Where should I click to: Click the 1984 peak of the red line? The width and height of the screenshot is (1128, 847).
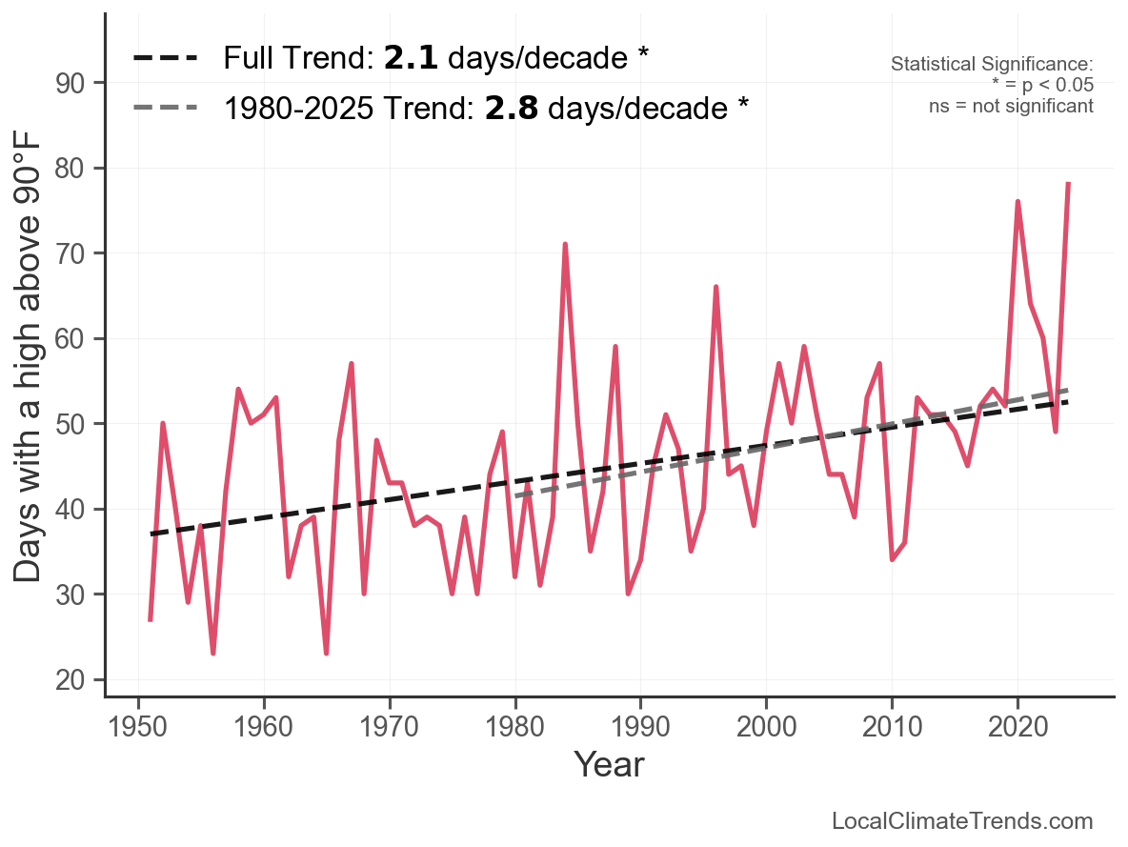point(565,245)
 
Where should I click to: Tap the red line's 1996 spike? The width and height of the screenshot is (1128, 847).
point(715,287)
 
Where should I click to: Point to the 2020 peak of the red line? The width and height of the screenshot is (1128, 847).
point(1017,202)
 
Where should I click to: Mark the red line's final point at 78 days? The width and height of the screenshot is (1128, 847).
point(1068,184)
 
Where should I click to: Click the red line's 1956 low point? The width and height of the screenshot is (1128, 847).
point(213,653)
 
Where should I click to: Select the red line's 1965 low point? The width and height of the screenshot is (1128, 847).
point(326,653)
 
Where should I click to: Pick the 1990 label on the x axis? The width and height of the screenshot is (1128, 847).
point(640,726)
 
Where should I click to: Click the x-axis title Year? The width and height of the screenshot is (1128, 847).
point(609,765)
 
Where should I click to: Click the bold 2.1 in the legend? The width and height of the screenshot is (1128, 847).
point(411,58)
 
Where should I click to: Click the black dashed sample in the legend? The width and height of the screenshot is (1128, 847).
point(165,58)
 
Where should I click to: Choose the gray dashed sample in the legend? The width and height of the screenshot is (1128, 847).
point(165,108)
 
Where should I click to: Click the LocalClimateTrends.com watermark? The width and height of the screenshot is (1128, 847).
point(962,821)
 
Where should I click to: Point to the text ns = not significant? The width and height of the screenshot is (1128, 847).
point(1011,106)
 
